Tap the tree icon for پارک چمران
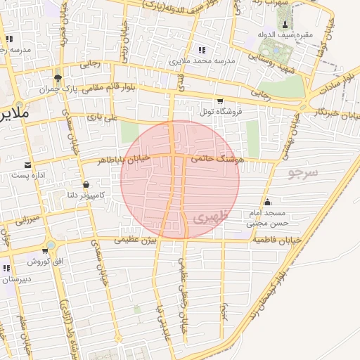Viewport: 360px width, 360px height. pos(58,77)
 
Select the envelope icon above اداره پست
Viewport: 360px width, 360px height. pos(27,165)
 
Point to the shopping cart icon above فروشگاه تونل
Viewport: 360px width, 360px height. pos(220,101)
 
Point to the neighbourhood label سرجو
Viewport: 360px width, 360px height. pos(303,172)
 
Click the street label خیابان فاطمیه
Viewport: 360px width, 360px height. pos(276,240)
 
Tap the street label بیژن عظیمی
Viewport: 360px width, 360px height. pos(131,240)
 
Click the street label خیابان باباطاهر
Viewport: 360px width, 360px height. pos(126,160)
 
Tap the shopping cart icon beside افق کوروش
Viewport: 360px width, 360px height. pos(49,250)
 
